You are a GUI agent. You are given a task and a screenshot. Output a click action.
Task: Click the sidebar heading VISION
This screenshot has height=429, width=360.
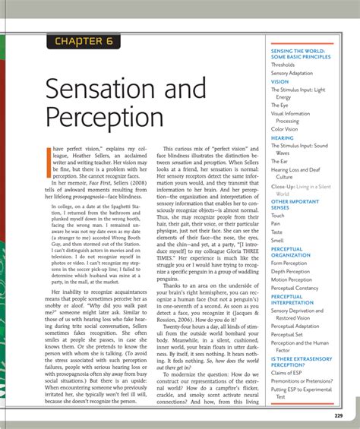(x=280, y=81)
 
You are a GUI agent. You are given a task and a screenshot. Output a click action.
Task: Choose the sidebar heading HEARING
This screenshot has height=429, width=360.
(x=283, y=137)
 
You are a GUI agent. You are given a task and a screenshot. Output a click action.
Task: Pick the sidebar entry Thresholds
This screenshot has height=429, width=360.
(x=283, y=65)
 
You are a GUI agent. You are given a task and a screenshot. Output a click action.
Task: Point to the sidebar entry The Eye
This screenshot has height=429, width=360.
(x=280, y=105)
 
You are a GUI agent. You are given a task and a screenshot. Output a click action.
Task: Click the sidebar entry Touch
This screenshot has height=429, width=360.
(x=278, y=216)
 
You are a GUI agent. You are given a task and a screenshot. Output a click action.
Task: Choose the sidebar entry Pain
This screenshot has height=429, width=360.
(x=276, y=224)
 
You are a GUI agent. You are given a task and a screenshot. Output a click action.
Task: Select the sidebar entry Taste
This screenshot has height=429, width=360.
(x=278, y=232)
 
